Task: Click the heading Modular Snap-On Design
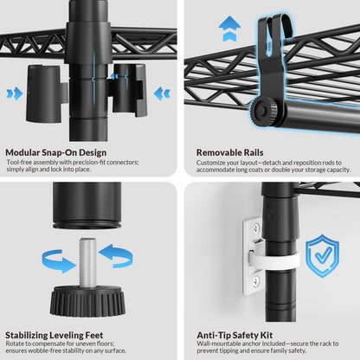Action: click(x=56, y=152)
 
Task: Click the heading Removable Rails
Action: click(x=230, y=152)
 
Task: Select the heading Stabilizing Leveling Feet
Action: click(x=55, y=335)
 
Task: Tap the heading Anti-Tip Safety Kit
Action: click(x=235, y=335)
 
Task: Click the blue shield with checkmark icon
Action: click(x=323, y=255)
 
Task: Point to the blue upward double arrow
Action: click(x=229, y=29)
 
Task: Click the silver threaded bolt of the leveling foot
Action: click(x=87, y=262)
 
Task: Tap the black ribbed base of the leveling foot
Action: click(x=87, y=300)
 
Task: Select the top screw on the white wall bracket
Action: click(x=255, y=229)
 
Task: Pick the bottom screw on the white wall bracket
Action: click(x=255, y=281)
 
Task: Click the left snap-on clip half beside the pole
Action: click(x=47, y=93)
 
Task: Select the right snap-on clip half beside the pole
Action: click(x=127, y=90)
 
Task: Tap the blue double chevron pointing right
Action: click(x=15, y=93)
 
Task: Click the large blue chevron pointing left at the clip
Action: click(x=162, y=93)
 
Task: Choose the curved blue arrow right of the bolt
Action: click(x=116, y=255)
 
